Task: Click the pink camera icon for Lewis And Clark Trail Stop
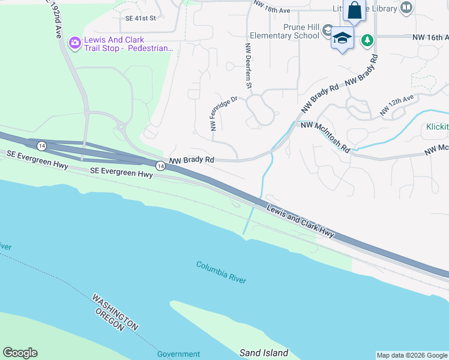pos(76,43)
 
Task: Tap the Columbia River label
pos(220,271)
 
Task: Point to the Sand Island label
pos(264,353)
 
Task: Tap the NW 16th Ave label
pos(430,37)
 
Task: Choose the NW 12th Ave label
pos(397,106)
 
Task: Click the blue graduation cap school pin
pos(342,38)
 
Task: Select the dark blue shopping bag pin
pos(354,11)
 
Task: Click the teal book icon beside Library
pos(407,8)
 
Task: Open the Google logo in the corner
pos(20,353)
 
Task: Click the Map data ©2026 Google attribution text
pos(411,355)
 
